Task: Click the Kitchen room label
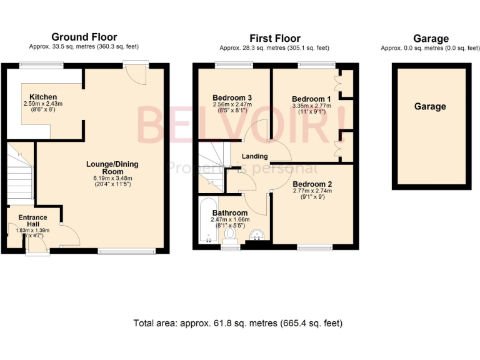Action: coord(36,97)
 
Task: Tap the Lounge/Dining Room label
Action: coord(112,167)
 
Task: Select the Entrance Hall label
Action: coord(32,221)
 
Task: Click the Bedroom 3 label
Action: coord(232,98)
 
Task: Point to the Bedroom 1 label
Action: coord(311,99)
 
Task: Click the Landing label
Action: coord(255,156)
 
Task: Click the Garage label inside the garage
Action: coord(430,107)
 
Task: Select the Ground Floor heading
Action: coord(84,37)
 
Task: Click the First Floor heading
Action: coord(275,39)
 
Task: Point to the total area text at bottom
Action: coord(238,324)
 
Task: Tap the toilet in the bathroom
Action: coord(231,235)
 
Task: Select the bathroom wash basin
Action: coord(257,235)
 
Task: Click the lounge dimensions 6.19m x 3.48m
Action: coord(112,178)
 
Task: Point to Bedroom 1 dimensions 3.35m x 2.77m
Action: coord(311,107)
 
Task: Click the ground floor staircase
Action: coord(21,171)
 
